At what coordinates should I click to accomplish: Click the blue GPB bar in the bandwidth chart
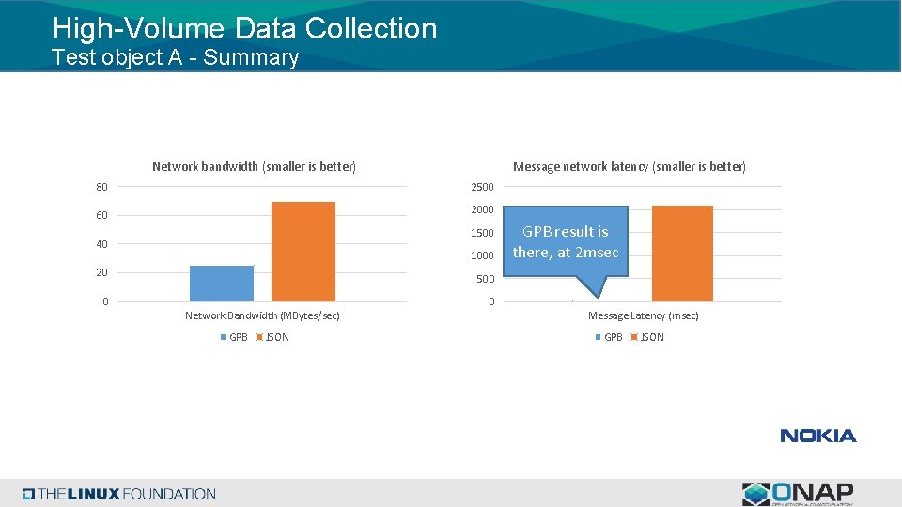[222, 283]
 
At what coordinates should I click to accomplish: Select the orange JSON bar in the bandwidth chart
[303, 251]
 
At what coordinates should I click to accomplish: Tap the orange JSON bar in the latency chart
[681, 253]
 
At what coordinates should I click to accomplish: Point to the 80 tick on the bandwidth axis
[101, 187]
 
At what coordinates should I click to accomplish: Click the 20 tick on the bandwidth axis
[101, 272]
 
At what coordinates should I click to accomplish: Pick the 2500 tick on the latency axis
[481, 187]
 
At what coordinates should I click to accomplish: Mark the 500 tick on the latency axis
[484, 279]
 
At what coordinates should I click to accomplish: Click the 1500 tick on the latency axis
[481, 233]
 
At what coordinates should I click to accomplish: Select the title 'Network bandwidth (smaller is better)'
[254, 167]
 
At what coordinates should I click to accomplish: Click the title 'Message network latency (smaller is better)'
[629, 167]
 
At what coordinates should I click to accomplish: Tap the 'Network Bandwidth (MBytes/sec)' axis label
[262, 315]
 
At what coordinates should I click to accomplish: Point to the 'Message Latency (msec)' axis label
[643, 315]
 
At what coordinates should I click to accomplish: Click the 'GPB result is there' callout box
[566, 241]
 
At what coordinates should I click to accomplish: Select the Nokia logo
[817, 436]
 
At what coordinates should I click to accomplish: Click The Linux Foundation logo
[119, 494]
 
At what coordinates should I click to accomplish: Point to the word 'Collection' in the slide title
[371, 28]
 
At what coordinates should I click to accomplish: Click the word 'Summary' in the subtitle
[251, 57]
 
